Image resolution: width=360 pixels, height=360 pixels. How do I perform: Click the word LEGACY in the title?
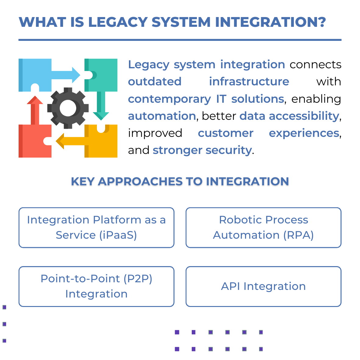pyautogui.click(x=117, y=22)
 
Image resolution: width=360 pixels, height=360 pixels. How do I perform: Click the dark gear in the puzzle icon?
pyautogui.click(x=68, y=108)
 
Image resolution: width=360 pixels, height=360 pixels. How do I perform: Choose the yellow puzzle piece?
pyautogui.click(x=104, y=143)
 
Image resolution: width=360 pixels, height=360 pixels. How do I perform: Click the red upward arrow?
pyautogui.click(x=35, y=110)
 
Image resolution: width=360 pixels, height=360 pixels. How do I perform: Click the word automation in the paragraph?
pyautogui.click(x=162, y=116)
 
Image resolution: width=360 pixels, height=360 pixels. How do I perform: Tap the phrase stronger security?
pyautogui.click(x=202, y=150)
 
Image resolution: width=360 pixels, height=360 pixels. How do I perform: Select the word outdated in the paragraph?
pyautogui.click(x=155, y=82)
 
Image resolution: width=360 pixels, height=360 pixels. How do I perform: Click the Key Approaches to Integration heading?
pyautogui.click(x=180, y=181)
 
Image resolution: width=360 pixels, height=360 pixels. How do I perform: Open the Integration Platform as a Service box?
pyautogui.click(x=96, y=227)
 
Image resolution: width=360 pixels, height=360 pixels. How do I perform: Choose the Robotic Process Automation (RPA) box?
pyautogui.click(x=263, y=227)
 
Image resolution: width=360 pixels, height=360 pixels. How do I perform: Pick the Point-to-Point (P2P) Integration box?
pyautogui.click(x=96, y=286)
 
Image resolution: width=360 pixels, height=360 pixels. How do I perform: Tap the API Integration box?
pyautogui.click(x=263, y=286)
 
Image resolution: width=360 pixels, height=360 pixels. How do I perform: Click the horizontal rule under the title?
pyautogui.click(x=180, y=40)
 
